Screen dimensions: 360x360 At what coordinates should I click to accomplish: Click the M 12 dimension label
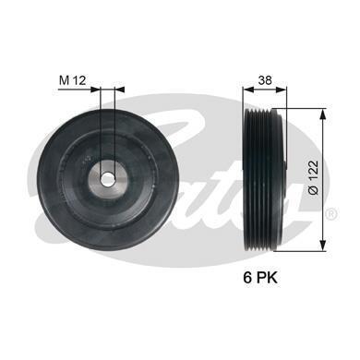(73, 80)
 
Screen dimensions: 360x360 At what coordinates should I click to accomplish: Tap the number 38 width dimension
(265, 80)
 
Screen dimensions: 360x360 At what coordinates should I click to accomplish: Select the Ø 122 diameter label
(314, 177)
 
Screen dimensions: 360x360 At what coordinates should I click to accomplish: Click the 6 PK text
(260, 278)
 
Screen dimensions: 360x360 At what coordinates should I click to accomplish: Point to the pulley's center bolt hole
(107, 178)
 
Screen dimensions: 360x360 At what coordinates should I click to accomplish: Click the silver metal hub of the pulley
(108, 179)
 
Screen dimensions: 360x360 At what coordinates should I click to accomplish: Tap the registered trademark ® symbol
(331, 213)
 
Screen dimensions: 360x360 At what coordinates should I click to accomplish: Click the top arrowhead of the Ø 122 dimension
(322, 114)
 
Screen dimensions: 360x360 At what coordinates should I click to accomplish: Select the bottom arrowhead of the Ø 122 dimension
(322, 246)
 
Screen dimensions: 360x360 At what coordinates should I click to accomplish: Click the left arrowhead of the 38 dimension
(248, 90)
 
